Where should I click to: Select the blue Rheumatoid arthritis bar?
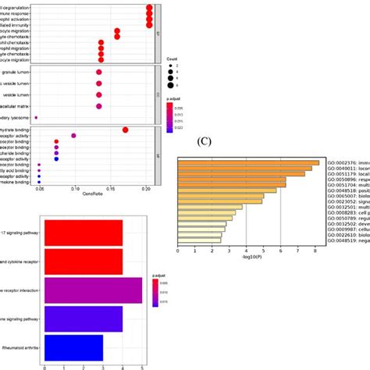[73, 348]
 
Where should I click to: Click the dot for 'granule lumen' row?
[99, 73]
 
